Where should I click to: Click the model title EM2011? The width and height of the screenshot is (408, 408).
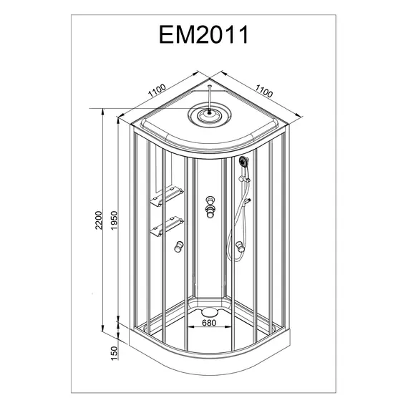[204, 34]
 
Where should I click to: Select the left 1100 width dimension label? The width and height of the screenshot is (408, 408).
[157, 91]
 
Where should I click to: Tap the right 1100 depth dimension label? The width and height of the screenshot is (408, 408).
[264, 91]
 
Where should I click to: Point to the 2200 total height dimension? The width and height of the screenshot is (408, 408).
[99, 220]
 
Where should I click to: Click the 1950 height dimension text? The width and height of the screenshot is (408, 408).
[115, 220]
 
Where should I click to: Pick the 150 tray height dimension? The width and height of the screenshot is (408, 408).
[115, 354]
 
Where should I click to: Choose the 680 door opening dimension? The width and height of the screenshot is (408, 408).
[209, 323]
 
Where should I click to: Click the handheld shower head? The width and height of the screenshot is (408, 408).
[244, 161]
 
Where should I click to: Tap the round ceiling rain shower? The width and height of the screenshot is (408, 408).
[210, 115]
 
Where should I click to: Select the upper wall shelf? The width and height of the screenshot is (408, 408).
[167, 197]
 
